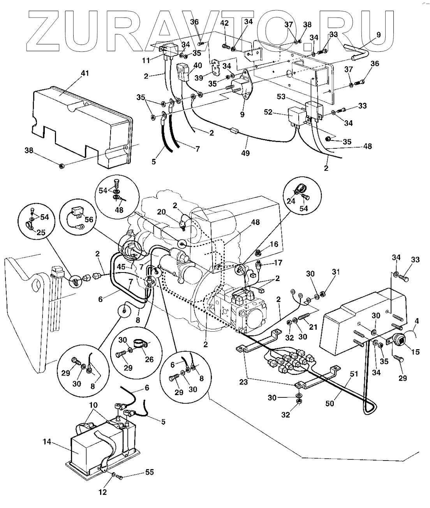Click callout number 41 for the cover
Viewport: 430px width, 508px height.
(85, 73)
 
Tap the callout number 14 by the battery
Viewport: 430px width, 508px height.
(47, 442)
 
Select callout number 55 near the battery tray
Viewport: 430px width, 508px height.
(149, 473)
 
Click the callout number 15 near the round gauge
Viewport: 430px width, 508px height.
(415, 352)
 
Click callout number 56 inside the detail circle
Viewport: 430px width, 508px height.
(89, 220)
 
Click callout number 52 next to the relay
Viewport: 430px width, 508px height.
(279, 112)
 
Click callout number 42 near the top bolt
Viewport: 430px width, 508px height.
(224, 23)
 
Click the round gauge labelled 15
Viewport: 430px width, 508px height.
(399, 339)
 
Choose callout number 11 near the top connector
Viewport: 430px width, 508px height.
(146, 60)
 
